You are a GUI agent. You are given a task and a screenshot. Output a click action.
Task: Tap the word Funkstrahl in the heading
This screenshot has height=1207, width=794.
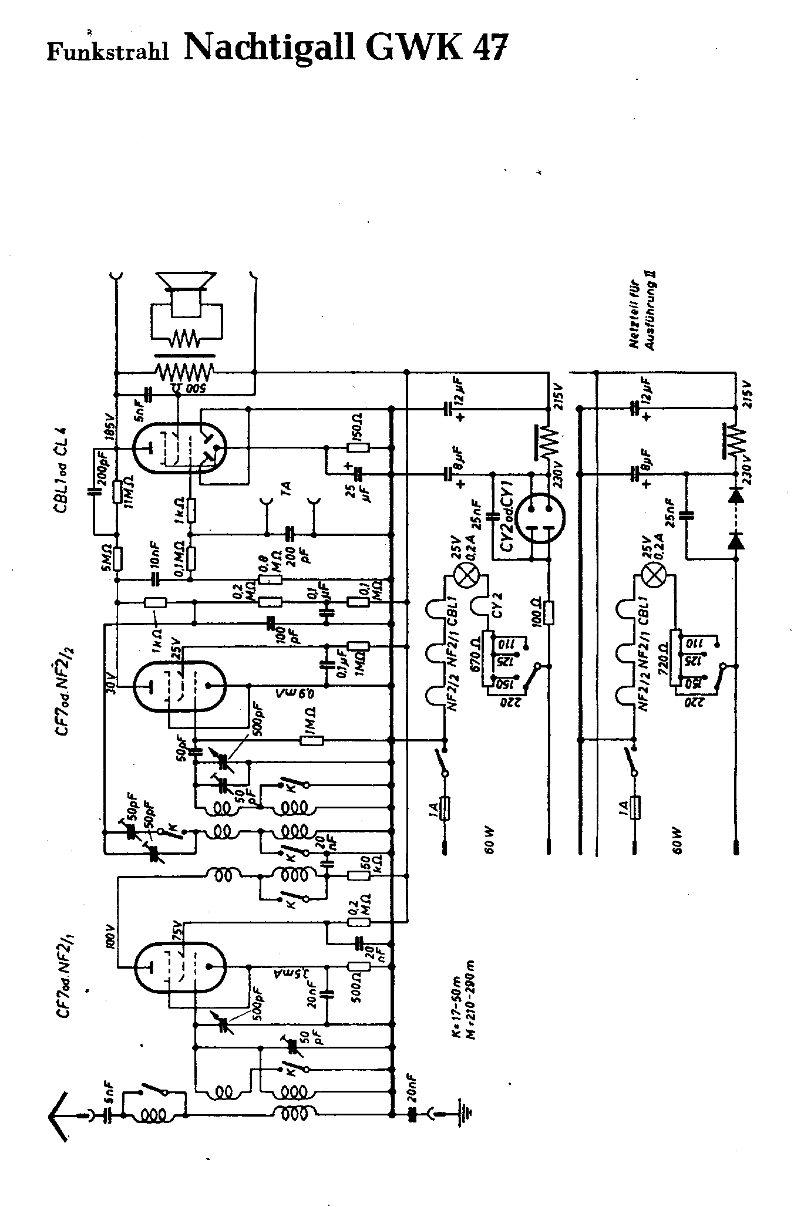point(107,52)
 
